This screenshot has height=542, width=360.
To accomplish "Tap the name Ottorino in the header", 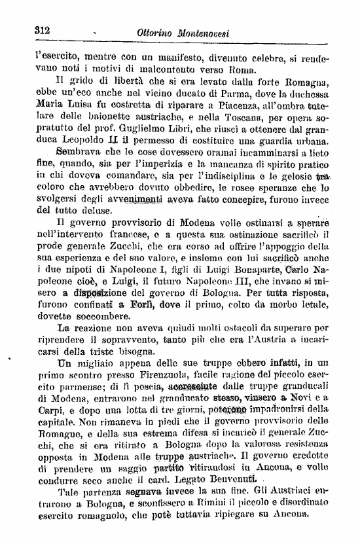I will pos(161,31).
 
